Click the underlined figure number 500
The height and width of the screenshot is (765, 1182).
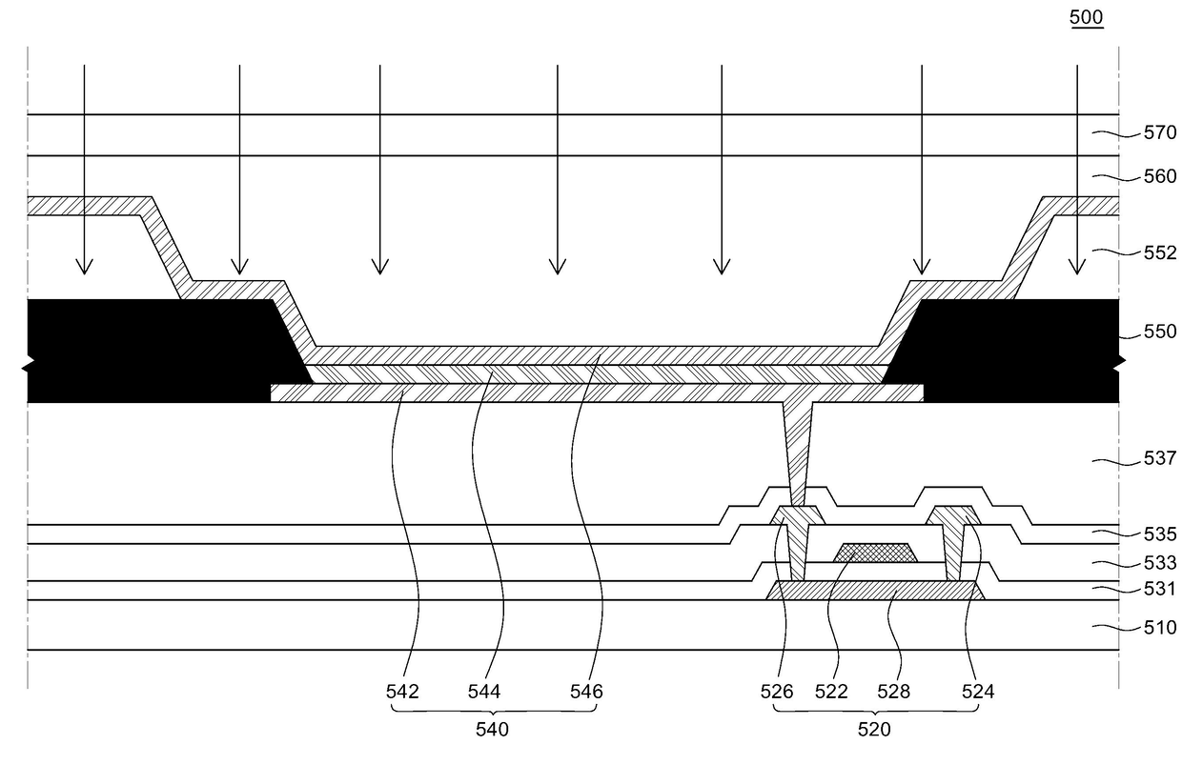1087,17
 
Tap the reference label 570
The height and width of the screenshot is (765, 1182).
1160,134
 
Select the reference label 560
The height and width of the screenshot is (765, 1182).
1160,176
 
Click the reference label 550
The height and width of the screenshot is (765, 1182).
1160,332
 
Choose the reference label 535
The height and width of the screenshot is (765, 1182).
1160,534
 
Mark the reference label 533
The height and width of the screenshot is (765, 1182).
1160,563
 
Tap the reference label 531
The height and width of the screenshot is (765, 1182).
1160,590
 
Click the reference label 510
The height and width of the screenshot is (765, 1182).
1160,628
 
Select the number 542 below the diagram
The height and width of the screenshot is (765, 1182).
403,693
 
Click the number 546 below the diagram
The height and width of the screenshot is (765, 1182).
586,693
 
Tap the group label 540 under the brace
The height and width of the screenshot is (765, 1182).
493,731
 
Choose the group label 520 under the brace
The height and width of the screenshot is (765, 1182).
875,731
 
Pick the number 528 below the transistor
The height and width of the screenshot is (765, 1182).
893,693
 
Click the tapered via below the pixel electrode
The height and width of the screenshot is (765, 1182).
797,448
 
